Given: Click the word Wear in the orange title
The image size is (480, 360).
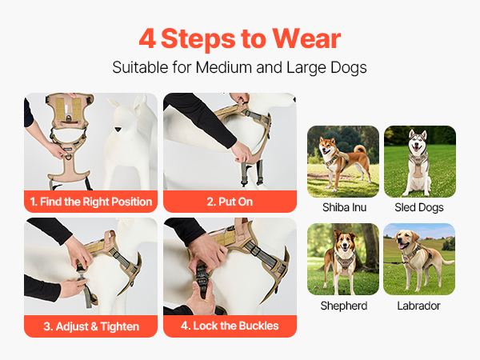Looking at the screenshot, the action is click(x=306, y=38).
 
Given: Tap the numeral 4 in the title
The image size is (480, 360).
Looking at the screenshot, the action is click(x=147, y=38).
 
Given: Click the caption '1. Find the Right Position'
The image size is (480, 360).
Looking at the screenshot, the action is click(x=91, y=202).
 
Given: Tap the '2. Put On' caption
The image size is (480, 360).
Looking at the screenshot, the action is click(x=230, y=202).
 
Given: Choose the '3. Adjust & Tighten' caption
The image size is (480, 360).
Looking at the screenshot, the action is click(x=91, y=326).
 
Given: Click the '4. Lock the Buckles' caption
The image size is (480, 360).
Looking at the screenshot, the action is click(x=230, y=326).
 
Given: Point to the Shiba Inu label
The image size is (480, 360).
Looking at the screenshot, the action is click(x=344, y=207).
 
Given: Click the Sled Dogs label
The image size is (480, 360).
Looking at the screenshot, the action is click(x=419, y=207).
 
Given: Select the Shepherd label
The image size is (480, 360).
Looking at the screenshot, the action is click(x=344, y=306).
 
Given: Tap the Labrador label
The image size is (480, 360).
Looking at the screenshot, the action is click(x=418, y=306).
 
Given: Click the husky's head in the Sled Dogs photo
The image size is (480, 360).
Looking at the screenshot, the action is click(x=418, y=142).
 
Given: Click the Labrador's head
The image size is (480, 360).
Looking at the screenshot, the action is click(x=406, y=238).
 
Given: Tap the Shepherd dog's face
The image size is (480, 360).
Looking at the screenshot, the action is click(x=345, y=242).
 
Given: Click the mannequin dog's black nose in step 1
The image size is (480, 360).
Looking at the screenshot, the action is click(x=118, y=130).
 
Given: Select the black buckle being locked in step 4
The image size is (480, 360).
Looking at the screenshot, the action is click(x=202, y=275).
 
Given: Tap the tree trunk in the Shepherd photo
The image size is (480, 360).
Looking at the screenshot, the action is click(x=370, y=248).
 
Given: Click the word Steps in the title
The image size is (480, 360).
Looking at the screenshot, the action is click(x=198, y=38).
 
